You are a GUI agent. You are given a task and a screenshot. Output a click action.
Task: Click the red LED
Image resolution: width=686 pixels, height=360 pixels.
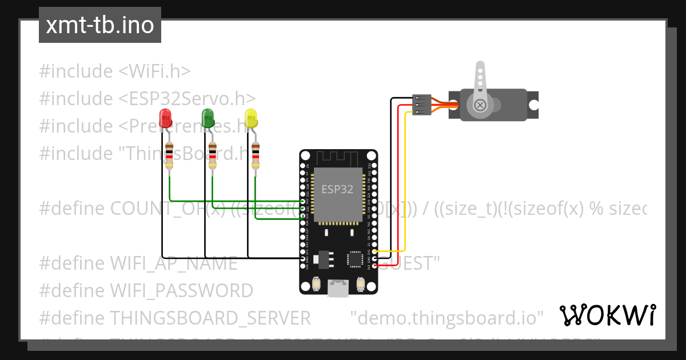pyautogui.click(x=166, y=118)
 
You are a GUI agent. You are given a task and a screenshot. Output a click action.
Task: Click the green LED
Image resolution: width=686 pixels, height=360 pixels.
pyautogui.click(x=208, y=118)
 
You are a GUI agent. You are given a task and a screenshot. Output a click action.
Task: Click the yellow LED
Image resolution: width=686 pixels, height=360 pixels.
pyautogui.click(x=251, y=118)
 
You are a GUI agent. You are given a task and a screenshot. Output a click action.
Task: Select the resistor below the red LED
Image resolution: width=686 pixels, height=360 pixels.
pyautogui.click(x=169, y=155)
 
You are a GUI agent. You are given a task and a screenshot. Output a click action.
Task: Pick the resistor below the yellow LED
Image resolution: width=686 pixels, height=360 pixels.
pyautogui.click(x=256, y=155)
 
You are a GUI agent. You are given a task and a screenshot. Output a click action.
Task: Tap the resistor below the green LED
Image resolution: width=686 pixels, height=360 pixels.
pyautogui.click(x=212, y=155)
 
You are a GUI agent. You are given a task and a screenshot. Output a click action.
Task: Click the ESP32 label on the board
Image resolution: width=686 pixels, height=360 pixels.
pyautogui.click(x=337, y=189)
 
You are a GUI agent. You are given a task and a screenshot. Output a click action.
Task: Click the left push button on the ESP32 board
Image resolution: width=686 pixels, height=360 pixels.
pyautogui.click(x=316, y=283)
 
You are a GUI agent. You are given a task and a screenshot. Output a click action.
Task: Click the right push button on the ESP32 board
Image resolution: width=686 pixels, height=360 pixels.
pyautogui.click(x=361, y=283)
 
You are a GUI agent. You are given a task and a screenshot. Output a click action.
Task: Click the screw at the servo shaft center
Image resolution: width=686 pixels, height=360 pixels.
pyautogui.click(x=480, y=105)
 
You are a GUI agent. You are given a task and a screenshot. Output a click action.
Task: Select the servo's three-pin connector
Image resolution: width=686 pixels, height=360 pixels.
pyautogui.click(x=421, y=105)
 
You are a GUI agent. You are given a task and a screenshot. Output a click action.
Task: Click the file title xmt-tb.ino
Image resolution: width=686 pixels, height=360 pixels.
pyautogui.click(x=100, y=26)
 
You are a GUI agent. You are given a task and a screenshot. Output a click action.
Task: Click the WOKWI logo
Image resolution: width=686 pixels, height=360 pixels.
pyautogui.click(x=608, y=315)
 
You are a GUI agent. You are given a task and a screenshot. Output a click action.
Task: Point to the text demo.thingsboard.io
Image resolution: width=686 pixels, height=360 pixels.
pyautogui.click(x=446, y=317)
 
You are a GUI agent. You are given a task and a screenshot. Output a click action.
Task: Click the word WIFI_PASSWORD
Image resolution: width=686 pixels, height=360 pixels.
pyautogui.click(x=181, y=290)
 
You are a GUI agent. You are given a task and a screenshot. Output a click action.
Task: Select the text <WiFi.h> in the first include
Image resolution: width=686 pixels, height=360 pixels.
pyautogui.click(x=154, y=71)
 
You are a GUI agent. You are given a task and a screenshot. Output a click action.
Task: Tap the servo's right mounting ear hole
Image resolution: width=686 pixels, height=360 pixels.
pyautogui.click(x=532, y=105)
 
